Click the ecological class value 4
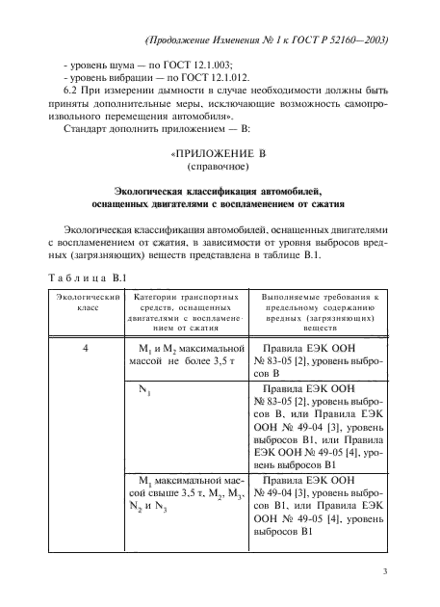click(x=86, y=347)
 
